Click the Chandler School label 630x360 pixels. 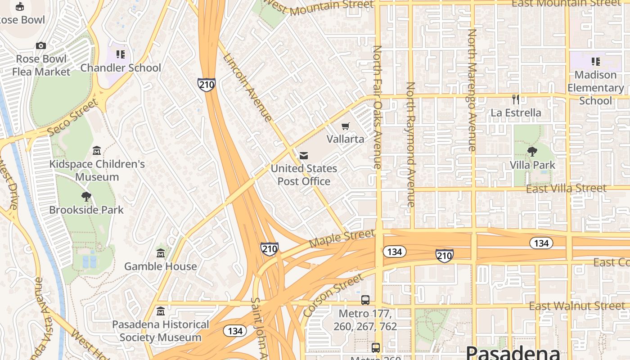pos(121,68)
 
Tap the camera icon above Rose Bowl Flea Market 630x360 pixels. pos(41,45)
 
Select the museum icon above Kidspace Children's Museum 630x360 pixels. pos(97,150)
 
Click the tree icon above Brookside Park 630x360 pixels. pos(86,197)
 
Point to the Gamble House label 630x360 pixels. pos(160,266)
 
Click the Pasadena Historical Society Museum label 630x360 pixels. pos(160,331)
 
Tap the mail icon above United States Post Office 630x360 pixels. pos(304,156)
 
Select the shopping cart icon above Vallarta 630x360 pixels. pos(345,126)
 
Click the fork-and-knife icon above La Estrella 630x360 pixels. pos(516,99)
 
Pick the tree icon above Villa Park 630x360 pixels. pos(532,152)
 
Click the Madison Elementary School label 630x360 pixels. pos(595,88)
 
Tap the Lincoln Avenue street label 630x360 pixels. pos(247,88)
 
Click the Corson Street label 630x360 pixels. pos(333,295)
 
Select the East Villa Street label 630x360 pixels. pos(566,189)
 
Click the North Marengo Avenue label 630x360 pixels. pos(472,90)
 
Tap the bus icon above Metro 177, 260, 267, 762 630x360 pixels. pos(365,300)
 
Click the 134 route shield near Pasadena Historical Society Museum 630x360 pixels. pos(235,331)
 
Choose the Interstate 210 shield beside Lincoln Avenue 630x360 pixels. pos(207,84)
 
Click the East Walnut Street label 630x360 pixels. pos(577,306)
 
